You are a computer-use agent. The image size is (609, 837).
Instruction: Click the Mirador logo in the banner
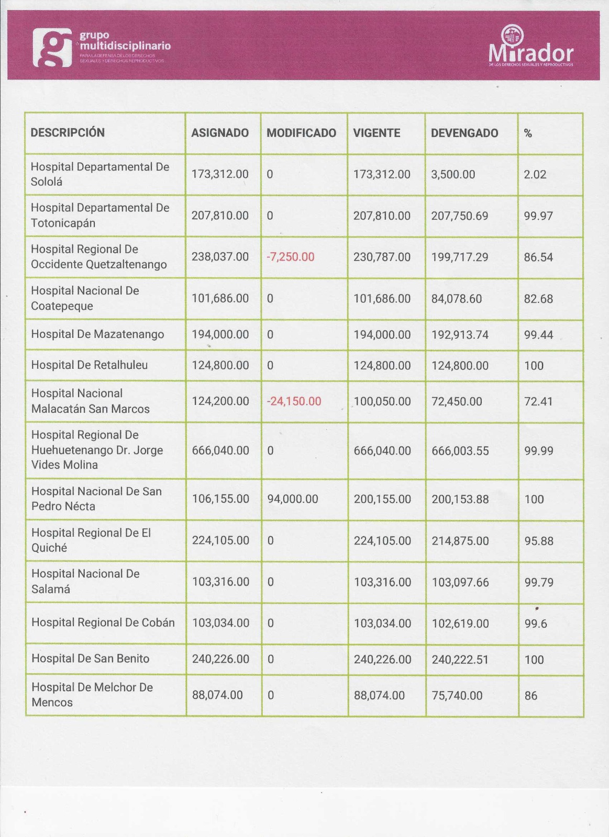pos(530,47)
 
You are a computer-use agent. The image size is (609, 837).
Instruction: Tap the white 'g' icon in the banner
pos(52,48)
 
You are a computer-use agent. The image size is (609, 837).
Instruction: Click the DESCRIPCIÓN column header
pos(68,133)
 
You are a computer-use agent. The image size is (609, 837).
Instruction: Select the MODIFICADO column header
pos(301,133)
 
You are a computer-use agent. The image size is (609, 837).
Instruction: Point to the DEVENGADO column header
pos(464,133)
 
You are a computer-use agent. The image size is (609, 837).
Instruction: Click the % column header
pos(528,134)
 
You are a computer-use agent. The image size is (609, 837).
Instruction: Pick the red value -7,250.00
pos(291,257)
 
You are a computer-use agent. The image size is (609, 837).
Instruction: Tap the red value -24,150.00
pos(294,401)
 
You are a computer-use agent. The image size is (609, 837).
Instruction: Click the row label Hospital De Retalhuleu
pos(90,365)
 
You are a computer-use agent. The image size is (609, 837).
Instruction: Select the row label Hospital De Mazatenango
pos(97,334)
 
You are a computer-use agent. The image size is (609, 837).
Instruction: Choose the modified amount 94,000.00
pos(293,499)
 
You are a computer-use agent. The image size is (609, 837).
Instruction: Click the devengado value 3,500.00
pos(453,174)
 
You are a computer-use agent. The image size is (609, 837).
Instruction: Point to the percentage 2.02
pos(535,174)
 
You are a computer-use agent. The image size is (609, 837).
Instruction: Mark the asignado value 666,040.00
pos(220,450)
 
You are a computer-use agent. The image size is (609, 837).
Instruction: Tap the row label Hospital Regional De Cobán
pos(103,623)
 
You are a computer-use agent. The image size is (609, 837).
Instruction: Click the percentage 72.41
pos(538,402)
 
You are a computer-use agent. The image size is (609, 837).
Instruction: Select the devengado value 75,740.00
pos(457,696)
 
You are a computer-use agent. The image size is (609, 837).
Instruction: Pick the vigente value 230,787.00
pos(382,257)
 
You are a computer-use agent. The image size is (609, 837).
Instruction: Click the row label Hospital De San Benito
pos(91,659)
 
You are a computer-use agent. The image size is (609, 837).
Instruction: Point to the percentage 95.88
pos(539,541)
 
